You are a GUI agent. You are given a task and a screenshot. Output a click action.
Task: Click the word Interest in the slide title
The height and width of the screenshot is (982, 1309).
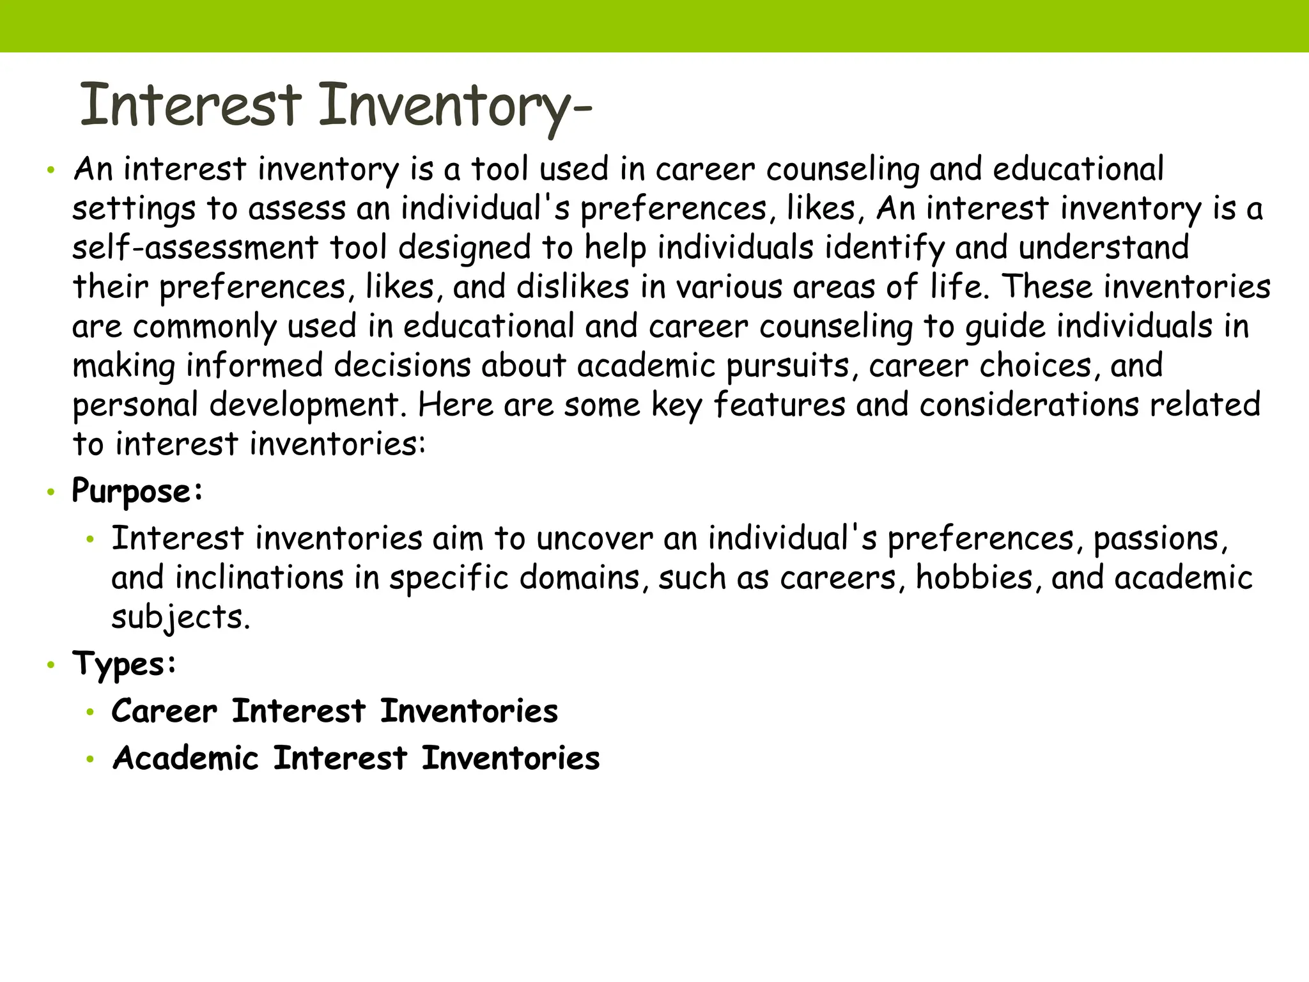tap(190, 105)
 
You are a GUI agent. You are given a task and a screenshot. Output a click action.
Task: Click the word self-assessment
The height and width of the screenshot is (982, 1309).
tap(195, 247)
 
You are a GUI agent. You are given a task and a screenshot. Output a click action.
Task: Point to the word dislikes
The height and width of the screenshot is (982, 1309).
tap(573, 286)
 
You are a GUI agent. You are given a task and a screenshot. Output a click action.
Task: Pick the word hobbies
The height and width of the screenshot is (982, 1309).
tap(974, 577)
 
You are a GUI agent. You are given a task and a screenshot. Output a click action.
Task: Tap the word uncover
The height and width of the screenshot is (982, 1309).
tap(594, 538)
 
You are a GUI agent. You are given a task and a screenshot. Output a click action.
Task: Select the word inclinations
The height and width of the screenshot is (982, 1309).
tap(259, 577)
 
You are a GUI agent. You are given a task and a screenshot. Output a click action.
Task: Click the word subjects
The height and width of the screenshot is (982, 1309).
tap(180, 618)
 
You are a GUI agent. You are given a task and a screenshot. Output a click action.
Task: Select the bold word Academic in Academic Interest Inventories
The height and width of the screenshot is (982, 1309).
tap(185, 758)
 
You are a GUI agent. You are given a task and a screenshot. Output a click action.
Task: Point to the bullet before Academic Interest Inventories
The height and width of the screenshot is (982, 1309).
tap(91, 760)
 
